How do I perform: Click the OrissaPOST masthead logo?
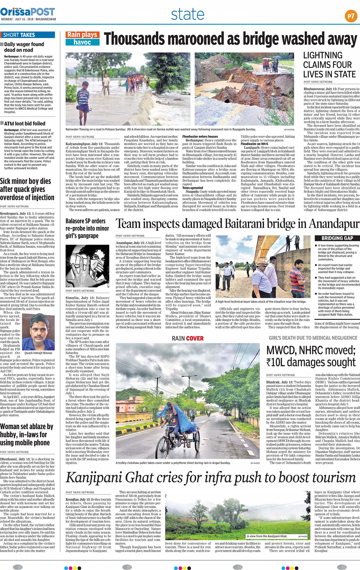click(x=28, y=12)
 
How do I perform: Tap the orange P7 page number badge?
click(x=350, y=16)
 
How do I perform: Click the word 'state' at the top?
click(x=187, y=14)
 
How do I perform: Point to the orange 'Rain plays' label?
click(x=83, y=35)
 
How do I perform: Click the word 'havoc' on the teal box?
click(x=82, y=42)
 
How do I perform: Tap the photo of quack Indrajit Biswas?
click(x=38, y=332)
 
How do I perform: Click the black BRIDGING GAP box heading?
click(x=337, y=238)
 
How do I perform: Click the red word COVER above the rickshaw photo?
click(x=195, y=338)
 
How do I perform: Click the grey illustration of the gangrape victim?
click(x=87, y=266)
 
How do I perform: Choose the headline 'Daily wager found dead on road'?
click(x=24, y=47)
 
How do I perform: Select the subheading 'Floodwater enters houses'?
click(x=200, y=136)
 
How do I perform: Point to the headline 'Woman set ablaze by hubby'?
click(x=27, y=434)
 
